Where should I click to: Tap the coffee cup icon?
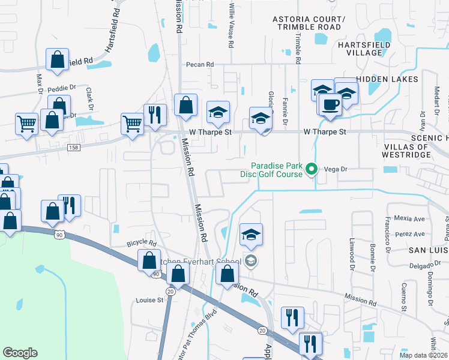pos(330,104)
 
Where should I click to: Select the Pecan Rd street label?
pos(200,64)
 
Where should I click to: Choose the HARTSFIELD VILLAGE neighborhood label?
pos(364,49)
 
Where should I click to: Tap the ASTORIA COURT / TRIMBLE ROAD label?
pos(309,23)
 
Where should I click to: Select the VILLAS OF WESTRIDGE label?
pos(406,151)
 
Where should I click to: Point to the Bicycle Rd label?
pos(142,244)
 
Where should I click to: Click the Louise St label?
pos(149,300)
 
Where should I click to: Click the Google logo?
pos(20,353)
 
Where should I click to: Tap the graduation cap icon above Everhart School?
pos(252,235)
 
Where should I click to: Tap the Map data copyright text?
pos(423,355)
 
